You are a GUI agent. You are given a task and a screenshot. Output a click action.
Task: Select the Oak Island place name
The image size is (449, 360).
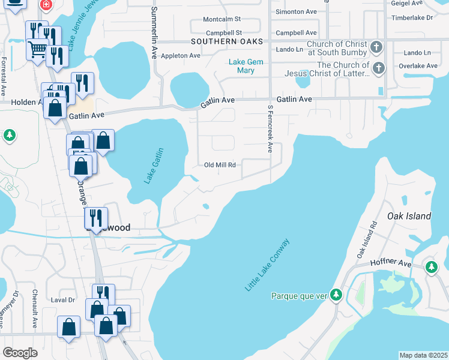click(409, 216)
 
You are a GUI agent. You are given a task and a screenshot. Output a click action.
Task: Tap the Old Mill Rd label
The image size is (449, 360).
click(219, 165)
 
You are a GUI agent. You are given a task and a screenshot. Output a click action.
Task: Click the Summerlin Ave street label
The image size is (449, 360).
click(154, 32)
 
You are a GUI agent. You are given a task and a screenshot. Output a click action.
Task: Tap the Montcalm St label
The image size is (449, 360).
click(221, 20)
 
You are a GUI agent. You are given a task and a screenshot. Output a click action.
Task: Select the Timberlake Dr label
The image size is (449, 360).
click(412, 18)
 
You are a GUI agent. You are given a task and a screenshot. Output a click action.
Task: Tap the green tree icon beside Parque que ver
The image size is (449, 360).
click(337, 295)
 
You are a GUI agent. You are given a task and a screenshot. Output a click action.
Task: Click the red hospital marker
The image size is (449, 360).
click(45, 4)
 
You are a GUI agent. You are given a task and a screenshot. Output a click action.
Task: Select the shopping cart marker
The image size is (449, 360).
click(38, 49)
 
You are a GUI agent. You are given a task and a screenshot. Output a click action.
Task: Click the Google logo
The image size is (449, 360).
click(20, 353)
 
